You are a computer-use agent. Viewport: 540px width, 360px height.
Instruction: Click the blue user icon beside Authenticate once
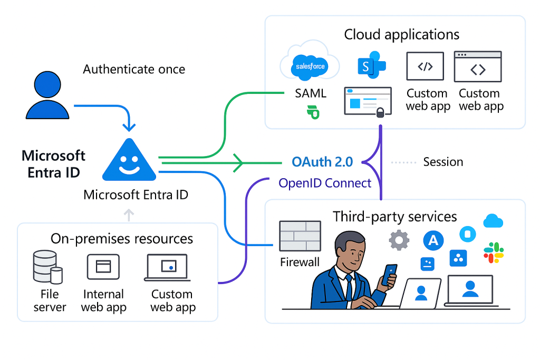(x=48, y=95)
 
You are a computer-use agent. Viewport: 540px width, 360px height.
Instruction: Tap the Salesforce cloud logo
(x=310, y=66)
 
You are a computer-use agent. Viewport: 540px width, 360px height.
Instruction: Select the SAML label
(x=311, y=94)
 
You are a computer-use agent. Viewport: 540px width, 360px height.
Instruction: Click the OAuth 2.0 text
(x=322, y=162)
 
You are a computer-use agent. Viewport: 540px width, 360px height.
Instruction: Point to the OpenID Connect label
(x=325, y=183)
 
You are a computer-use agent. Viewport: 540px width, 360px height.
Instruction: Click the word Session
(x=443, y=162)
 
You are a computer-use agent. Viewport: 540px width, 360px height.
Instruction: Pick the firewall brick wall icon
(x=300, y=236)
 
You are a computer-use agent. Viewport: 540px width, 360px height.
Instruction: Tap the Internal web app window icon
(x=103, y=267)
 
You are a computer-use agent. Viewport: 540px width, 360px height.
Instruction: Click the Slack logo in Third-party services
(x=494, y=252)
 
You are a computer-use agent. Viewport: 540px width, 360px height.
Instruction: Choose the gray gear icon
(x=399, y=240)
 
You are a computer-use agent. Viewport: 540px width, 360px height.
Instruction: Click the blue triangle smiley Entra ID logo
(x=129, y=161)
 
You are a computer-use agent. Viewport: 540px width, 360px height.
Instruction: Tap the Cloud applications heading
(x=401, y=35)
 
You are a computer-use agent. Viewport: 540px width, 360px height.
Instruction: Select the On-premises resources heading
(x=122, y=238)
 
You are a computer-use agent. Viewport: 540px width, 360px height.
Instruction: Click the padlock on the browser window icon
(x=380, y=112)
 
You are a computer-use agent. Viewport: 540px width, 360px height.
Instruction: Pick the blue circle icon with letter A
(x=433, y=240)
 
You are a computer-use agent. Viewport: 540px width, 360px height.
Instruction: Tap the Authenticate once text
(x=134, y=69)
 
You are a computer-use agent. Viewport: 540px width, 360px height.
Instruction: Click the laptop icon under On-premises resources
(x=167, y=268)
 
